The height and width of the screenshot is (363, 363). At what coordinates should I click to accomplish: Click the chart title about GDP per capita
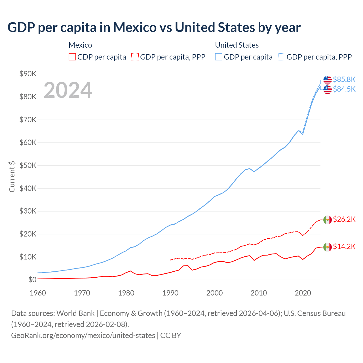[x=154, y=28]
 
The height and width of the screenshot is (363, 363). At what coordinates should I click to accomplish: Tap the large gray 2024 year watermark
[x=68, y=90]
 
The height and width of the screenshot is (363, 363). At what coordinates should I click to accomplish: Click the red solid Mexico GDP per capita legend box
[x=72, y=57]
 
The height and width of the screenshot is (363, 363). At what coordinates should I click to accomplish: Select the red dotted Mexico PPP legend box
[x=135, y=57]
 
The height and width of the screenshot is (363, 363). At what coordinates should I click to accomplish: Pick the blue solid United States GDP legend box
[x=219, y=57]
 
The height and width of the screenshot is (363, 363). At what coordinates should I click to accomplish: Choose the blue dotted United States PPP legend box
[x=282, y=57]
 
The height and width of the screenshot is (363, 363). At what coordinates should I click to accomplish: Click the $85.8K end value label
[x=344, y=79]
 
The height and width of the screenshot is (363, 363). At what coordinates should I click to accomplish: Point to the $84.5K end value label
[x=344, y=89]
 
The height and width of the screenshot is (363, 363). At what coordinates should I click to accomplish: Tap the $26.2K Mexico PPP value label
[x=344, y=219]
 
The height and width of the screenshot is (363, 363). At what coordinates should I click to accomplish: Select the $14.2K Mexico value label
[x=344, y=246]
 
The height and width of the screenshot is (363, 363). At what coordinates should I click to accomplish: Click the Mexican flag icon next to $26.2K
[x=328, y=220]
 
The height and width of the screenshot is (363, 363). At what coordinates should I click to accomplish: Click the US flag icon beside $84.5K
[x=328, y=89]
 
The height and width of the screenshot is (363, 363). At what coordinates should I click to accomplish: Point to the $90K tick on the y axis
[x=28, y=74]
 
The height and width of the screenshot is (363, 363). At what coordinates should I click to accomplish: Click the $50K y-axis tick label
[x=28, y=166]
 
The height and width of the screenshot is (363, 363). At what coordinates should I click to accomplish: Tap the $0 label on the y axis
[x=32, y=280]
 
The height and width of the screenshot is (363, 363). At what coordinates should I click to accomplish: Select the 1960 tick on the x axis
[x=38, y=293]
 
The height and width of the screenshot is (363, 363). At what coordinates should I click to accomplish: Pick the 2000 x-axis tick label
[x=214, y=293]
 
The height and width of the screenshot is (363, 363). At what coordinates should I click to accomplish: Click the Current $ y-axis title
[x=12, y=177]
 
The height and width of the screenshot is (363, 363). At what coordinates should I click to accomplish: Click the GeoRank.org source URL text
[x=83, y=335]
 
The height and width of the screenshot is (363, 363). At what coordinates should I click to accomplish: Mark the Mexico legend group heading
[x=80, y=45]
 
